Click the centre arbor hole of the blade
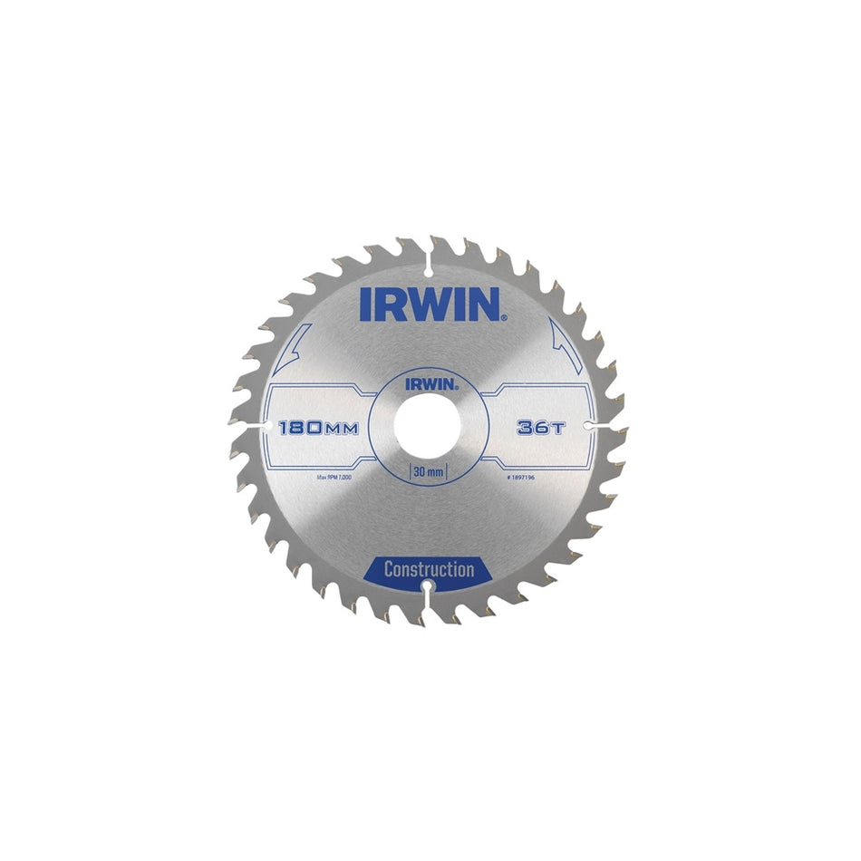[x=430, y=423]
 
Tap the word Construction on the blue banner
[x=430, y=570]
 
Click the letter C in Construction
[x=388, y=570]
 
